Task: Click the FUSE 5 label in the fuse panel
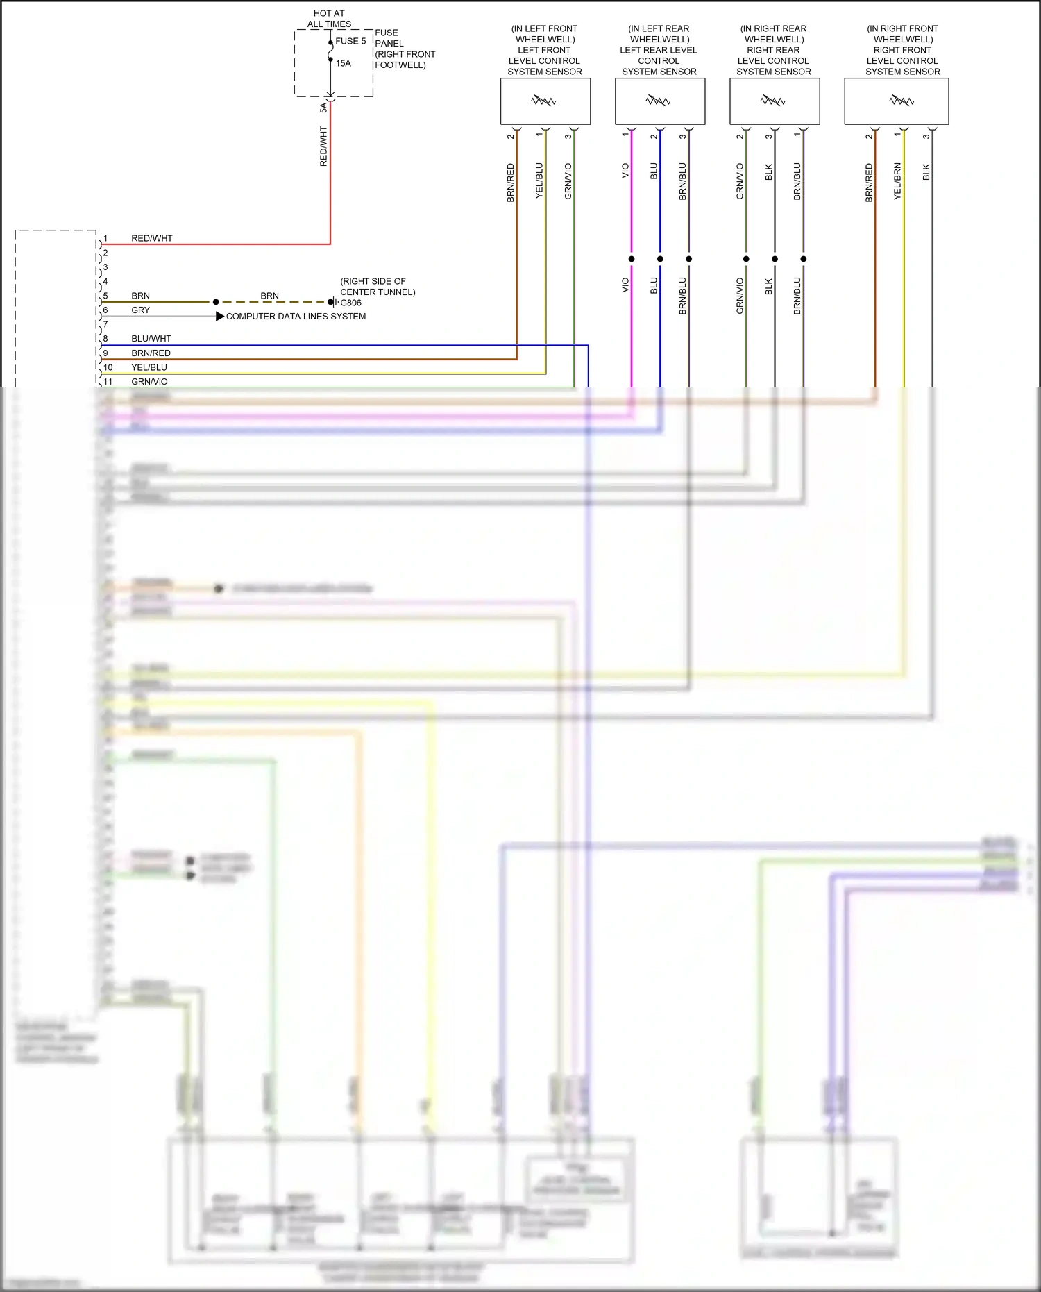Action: coord(350,41)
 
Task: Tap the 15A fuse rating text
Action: coord(344,63)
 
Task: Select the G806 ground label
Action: coord(350,303)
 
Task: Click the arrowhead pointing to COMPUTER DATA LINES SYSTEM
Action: coord(219,316)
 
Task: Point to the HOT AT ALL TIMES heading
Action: coord(329,19)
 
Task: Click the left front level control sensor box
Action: coord(545,101)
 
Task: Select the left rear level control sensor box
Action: coord(659,101)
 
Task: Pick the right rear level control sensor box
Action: coord(774,101)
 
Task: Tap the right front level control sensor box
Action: coord(896,101)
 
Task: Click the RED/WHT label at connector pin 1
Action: coord(151,238)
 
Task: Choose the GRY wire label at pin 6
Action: coord(140,310)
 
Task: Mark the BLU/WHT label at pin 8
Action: coord(151,339)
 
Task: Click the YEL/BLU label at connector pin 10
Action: coord(149,367)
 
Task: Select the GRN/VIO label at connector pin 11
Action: coord(149,382)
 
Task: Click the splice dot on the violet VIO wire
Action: coord(632,259)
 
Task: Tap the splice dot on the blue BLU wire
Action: coord(660,259)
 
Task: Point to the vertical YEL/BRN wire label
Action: coord(897,181)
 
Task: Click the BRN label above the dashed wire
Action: coord(269,296)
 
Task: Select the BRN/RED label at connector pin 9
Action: coord(151,353)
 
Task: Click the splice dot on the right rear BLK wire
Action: coord(775,259)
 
